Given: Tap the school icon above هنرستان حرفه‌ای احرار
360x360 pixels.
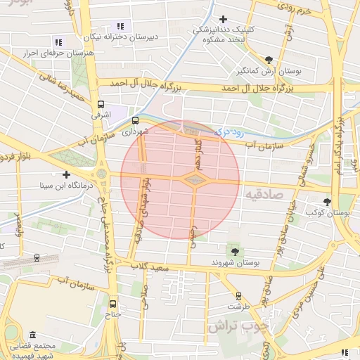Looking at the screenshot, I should [x=58, y=42].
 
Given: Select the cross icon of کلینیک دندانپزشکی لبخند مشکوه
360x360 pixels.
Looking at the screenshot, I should [x=224, y=19].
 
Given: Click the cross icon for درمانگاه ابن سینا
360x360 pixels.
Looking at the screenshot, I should [x=67, y=174].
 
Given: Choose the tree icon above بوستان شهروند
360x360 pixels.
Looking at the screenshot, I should [x=234, y=251].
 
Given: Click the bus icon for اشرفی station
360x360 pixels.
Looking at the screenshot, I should [x=101, y=103].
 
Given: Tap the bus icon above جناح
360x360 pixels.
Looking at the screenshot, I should [x=115, y=306].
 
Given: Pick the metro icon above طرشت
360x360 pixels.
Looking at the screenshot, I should [x=238, y=296].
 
